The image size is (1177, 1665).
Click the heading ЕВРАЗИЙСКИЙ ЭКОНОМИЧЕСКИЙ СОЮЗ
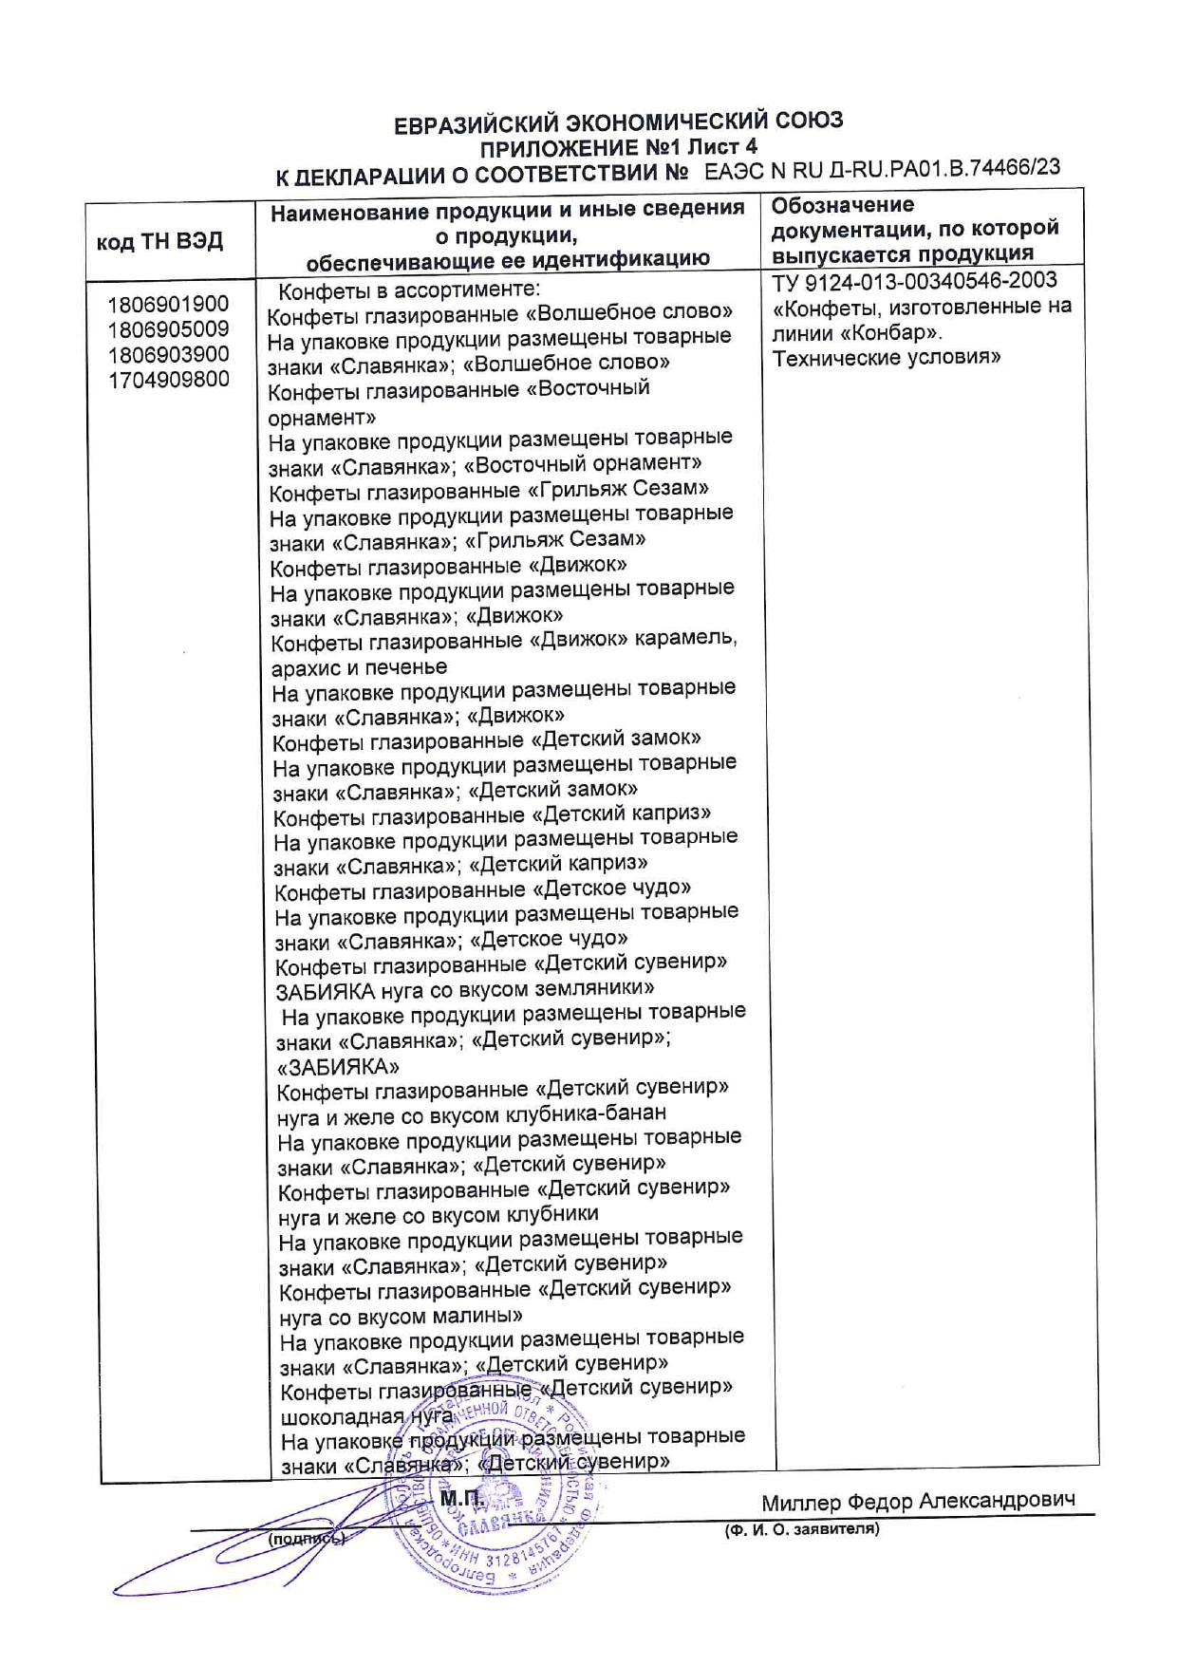618,122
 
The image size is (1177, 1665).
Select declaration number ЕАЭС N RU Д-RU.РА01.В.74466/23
883,170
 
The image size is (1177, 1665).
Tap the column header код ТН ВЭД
159,241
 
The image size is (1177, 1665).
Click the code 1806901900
168,305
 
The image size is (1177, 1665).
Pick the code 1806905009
168,329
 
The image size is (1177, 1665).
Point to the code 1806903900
168,355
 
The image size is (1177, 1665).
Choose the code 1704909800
168,380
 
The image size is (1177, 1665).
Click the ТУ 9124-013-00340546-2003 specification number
914,281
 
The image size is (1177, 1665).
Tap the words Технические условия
887,358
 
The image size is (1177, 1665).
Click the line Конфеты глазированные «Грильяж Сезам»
489,490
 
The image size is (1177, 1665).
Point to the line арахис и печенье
359,666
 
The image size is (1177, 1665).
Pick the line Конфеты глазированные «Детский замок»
487,739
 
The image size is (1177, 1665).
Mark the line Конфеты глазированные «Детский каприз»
492,814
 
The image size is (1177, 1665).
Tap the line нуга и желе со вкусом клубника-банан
472,1113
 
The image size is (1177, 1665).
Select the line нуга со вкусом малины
400,1316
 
